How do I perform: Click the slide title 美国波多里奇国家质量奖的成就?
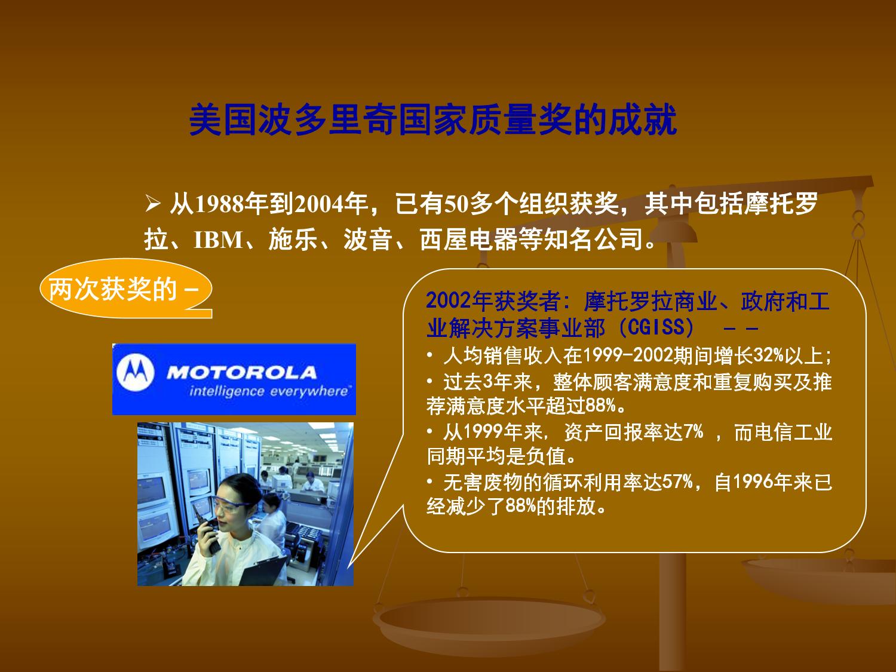tap(432, 119)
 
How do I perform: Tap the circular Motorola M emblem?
tap(136, 373)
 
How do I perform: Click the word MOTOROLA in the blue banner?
tap(242, 373)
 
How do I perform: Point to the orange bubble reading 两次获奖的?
tap(125, 289)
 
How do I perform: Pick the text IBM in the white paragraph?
tap(219, 240)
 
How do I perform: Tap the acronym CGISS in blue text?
tap(656, 327)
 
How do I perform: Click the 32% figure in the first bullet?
tap(769, 355)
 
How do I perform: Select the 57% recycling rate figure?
tap(677, 482)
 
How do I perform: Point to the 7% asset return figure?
tap(694, 431)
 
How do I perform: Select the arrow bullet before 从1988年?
tap(152, 204)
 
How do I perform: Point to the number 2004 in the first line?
tap(318, 204)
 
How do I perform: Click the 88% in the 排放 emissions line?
tap(521, 507)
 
